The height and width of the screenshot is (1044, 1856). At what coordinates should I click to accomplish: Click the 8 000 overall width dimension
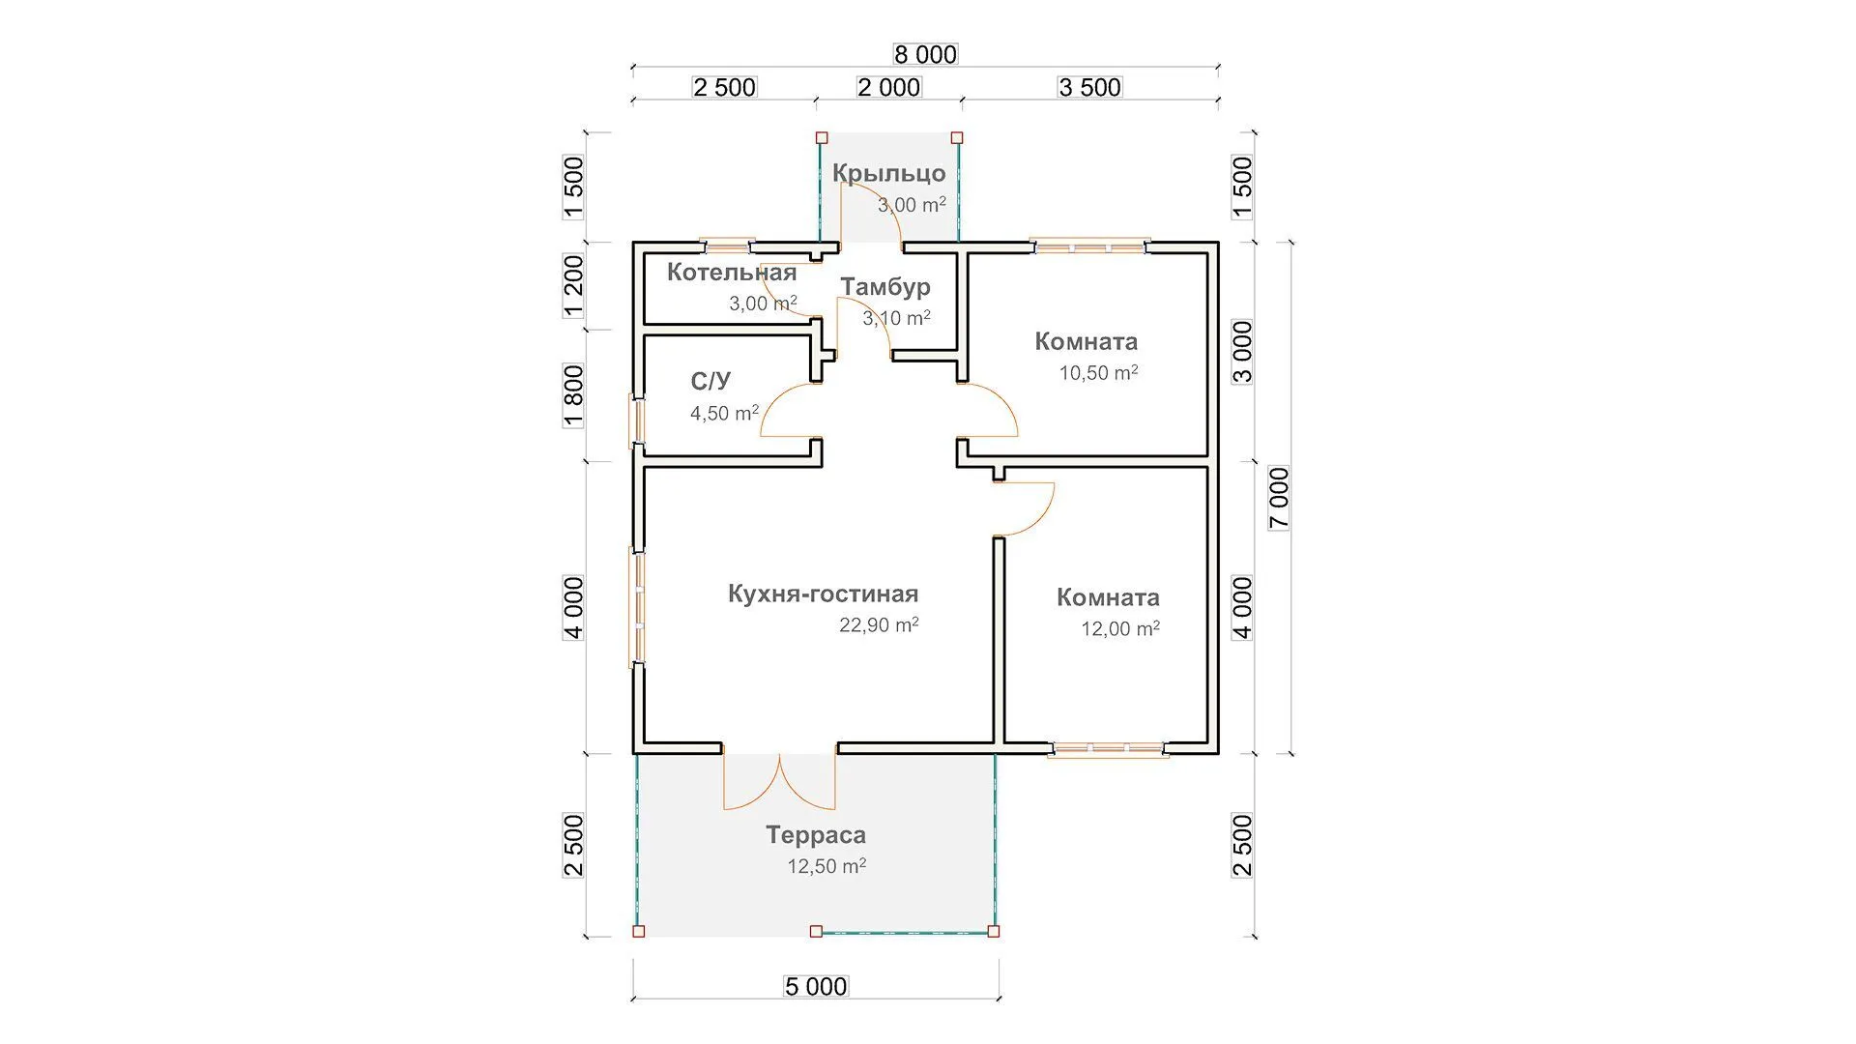click(925, 54)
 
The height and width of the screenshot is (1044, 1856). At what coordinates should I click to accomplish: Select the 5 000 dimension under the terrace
click(816, 987)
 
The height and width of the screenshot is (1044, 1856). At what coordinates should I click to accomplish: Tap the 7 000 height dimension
click(1279, 498)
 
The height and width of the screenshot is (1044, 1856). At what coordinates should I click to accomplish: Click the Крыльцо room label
click(888, 174)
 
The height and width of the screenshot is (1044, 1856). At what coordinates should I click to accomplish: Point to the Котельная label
click(732, 273)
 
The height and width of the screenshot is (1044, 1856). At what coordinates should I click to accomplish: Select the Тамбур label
click(884, 287)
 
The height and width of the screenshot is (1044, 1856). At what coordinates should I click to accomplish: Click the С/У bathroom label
click(710, 381)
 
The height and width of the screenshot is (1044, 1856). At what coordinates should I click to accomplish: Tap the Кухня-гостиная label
click(823, 594)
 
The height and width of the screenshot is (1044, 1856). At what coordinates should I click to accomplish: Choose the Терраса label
click(816, 835)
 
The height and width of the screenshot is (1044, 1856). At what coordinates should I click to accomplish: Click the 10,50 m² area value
click(1098, 373)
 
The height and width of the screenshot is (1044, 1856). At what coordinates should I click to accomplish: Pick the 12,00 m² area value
click(1119, 629)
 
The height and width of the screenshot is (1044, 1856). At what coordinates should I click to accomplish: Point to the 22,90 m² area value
click(878, 625)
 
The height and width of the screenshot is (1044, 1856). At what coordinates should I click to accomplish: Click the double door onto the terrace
click(779, 781)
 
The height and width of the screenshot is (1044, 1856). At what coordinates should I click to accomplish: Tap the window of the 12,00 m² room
click(1108, 748)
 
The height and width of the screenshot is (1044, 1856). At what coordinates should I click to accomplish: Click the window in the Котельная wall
click(727, 244)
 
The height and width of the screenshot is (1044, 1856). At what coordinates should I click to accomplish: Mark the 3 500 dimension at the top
click(1089, 87)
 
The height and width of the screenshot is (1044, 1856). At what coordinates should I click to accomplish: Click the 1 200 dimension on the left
click(573, 285)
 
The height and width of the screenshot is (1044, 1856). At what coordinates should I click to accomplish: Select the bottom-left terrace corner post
click(638, 932)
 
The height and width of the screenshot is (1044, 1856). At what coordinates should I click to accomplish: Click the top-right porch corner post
click(957, 138)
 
